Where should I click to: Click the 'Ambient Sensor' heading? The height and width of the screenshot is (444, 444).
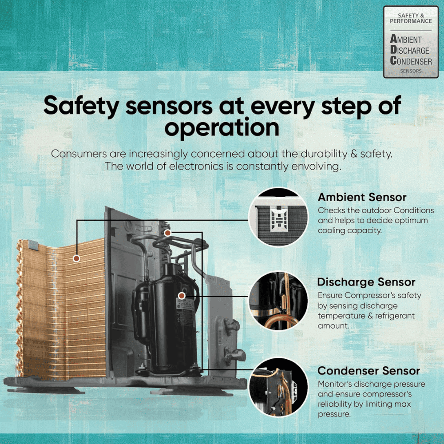pyautogui.click(x=362, y=197)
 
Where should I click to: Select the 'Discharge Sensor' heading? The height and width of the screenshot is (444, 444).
pyautogui.click(x=366, y=282)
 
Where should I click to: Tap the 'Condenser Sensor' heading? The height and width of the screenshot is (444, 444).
pyautogui.click(x=369, y=371)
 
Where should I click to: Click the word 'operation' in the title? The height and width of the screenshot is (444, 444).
pyautogui.click(x=222, y=128)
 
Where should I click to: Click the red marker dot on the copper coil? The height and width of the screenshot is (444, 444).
pyautogui.click(x=76, y=258)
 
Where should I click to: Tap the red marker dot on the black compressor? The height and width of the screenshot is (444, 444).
pyautogui.click(x=182, y=296)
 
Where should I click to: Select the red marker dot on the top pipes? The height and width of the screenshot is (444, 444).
pyautogui.click(x=168, y=233)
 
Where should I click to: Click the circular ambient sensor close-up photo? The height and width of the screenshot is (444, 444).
pyautogui.click(x=278, y=217)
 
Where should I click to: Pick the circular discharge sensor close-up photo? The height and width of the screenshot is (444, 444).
pyautogui.click(x=278, y=301)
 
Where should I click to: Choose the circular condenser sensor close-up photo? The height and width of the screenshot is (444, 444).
pyautogui.click(x=278, y=387)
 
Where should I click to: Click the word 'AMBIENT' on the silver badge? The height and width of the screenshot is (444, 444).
pyautogui.click(x=406, y=39)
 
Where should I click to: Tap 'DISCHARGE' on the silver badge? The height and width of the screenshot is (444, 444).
pyautogui.click(x=409, y=50)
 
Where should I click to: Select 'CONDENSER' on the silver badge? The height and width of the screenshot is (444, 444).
pyautogui.click(x=411, y=60)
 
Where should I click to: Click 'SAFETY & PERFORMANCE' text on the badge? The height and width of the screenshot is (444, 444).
pyautogui.click(x=411, y=18)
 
